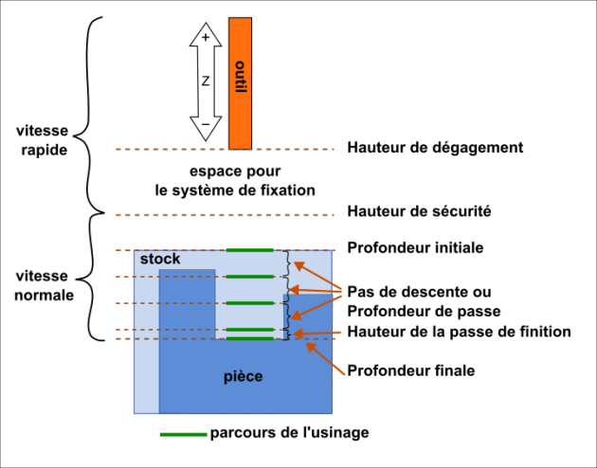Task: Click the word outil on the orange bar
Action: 240,77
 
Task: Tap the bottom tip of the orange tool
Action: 240,147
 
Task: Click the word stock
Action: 160,260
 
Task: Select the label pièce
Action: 243,376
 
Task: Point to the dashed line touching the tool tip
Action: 171,150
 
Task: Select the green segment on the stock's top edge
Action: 249,250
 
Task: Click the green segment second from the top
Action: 249,277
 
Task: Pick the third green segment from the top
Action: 249,303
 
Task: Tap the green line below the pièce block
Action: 183,435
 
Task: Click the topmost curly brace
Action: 288,263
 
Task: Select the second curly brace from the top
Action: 288,290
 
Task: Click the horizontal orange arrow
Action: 317,333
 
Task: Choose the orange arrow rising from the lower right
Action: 325,359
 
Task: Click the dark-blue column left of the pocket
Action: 187,303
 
